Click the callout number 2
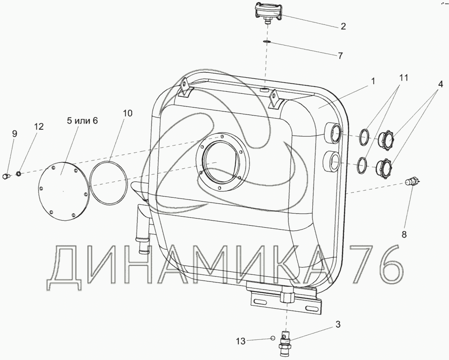click(x=343, y=26)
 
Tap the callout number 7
click(x=340, y=55)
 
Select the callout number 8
click(x=404, y=235)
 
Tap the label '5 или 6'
click(x=82, y=121)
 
